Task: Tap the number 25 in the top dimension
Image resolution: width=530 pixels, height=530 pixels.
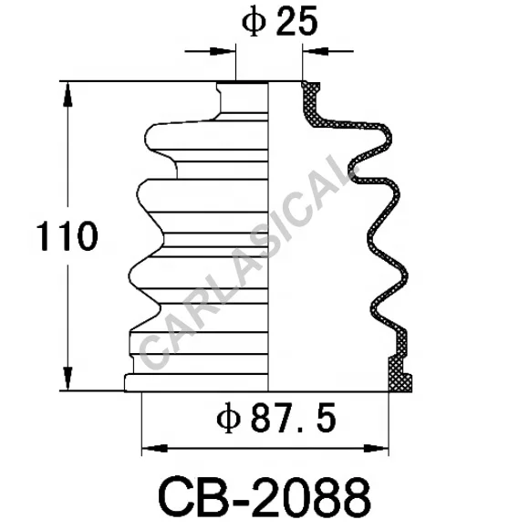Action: [x=295, y=23]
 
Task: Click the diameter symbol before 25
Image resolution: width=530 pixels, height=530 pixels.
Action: [x=253, y=23]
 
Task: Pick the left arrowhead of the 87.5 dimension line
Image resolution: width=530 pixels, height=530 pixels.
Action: [x=151, y=447]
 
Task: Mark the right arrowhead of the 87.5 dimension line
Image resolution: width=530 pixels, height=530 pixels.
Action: [x=379, y=447]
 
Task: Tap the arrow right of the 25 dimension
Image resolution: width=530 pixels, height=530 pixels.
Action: [x=312, y=53]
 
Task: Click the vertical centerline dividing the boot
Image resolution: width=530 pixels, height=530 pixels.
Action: [x=270, y=237]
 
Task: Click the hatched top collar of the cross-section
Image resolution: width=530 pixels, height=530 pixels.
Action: [x=311, y=97]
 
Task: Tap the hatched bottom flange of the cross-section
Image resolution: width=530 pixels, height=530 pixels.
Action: [x=396, y=374]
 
